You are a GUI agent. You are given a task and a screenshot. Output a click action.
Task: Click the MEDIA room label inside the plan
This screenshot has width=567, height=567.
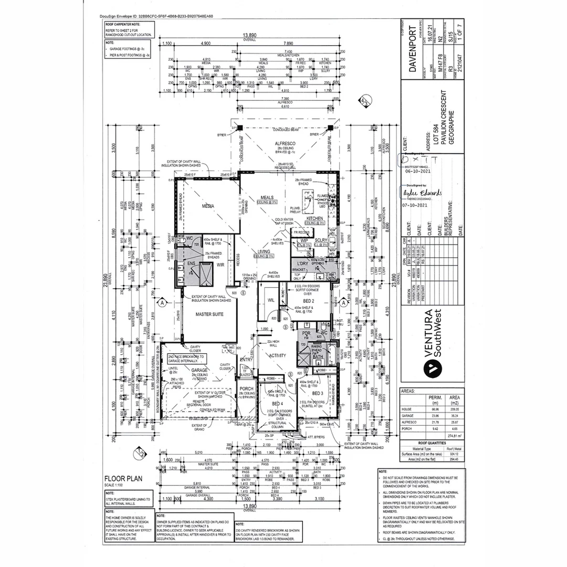pos(208,206)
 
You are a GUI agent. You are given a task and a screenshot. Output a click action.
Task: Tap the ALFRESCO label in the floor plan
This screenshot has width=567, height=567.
pos(286,143)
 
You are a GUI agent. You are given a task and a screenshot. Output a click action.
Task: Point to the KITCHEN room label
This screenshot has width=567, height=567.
pos(315,217)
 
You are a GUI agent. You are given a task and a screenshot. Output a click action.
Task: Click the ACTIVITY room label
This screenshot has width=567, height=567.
pos(278,355)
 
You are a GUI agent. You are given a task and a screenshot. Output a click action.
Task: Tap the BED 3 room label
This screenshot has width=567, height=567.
pos(318,393)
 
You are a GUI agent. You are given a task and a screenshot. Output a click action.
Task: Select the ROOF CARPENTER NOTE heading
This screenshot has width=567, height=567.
pos(123,24)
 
